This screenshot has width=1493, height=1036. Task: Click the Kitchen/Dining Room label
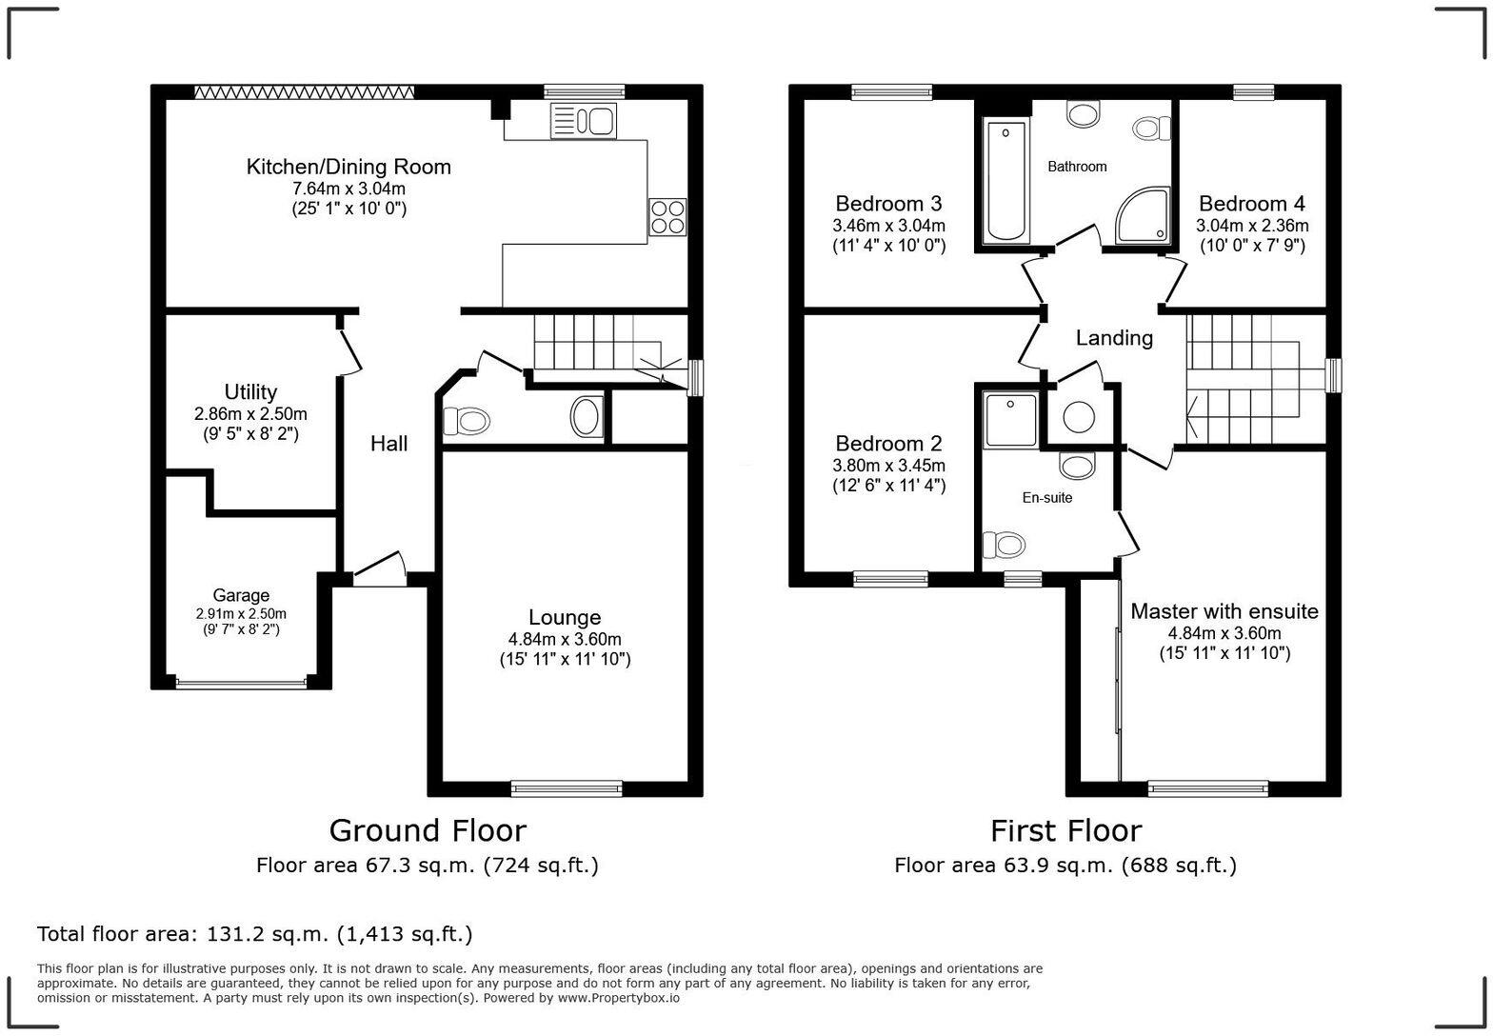(348, 167)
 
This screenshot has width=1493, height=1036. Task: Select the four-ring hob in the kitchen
(667, 217)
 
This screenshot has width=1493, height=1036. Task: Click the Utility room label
(250, 392)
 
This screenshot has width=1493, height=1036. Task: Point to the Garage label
(241, 596)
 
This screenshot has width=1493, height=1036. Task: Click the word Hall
(388, 444)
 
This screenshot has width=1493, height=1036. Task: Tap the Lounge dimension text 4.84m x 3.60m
(565, 639)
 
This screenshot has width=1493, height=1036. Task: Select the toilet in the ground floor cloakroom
(467, 420)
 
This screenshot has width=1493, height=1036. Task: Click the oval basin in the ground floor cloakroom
(587, 417)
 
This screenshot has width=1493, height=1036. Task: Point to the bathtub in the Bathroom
(1005, 181)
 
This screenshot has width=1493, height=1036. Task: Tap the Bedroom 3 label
(888, 204)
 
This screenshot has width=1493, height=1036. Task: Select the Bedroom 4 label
(1251, 204)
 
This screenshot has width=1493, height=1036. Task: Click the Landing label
(1114, 338)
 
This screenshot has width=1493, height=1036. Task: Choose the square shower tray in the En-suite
(1010, 419)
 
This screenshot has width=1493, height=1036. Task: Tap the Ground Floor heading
(428, 830)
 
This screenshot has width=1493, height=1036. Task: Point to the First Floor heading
(1065, 830)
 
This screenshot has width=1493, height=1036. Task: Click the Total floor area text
(254, 934)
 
